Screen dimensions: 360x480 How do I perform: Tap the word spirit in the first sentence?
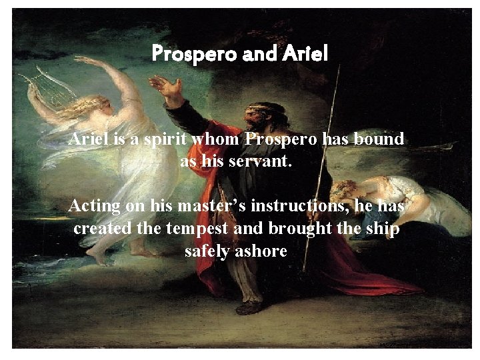pos(166,140)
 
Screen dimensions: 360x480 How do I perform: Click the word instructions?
pos(307,206)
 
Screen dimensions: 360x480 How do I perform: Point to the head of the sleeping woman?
pos(347,189)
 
